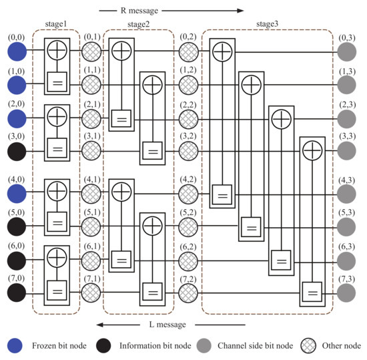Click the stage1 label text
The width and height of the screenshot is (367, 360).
click(x=56, y=25)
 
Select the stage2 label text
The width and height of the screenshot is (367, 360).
click(x=138, y=25)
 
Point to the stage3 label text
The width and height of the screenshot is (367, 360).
click(x=268, y=25)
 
